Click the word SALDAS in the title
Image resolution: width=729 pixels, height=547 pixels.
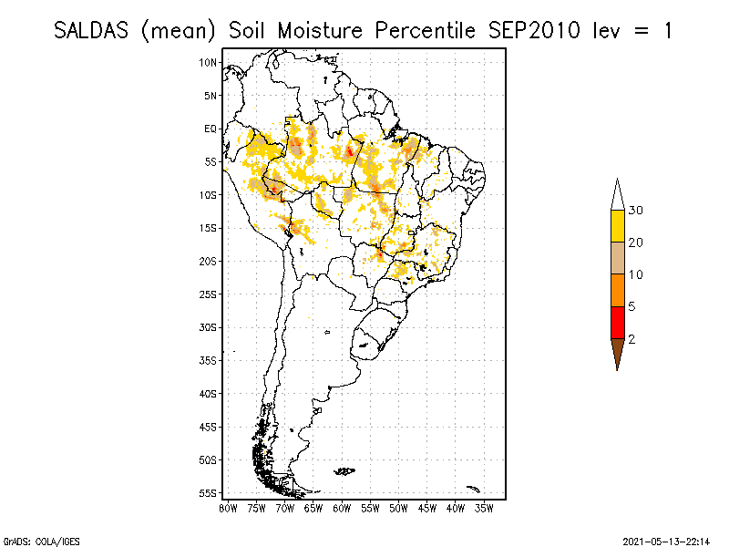coord(95,30)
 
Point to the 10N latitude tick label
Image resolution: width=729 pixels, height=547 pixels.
coord(209,62)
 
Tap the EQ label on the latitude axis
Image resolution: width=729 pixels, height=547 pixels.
coord(210,129)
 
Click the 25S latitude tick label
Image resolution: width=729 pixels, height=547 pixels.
coord(209,294)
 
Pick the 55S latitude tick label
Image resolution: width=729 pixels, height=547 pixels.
coord(209,492)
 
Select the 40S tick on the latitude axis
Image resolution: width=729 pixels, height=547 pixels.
coord(209,393)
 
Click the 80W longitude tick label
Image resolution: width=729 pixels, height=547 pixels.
coord(228,508)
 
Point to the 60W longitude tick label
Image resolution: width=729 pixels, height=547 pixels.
coord(342,508)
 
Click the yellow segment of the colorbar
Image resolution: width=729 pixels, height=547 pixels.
coord(618,225)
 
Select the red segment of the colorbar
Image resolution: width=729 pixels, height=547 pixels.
coord(618,322)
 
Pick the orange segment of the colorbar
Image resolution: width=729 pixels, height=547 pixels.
coord(618,290)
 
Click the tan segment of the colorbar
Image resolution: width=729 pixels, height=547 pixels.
coord(618,257)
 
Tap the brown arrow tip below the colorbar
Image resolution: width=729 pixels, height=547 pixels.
coord(618,355)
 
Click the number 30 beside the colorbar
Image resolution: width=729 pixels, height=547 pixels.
coord(636,211)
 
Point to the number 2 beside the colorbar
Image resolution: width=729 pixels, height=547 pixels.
coord(631,339)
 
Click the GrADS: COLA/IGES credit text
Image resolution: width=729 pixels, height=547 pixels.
coord(31,539)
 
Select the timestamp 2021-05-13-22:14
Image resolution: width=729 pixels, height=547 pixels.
coord(666,539)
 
